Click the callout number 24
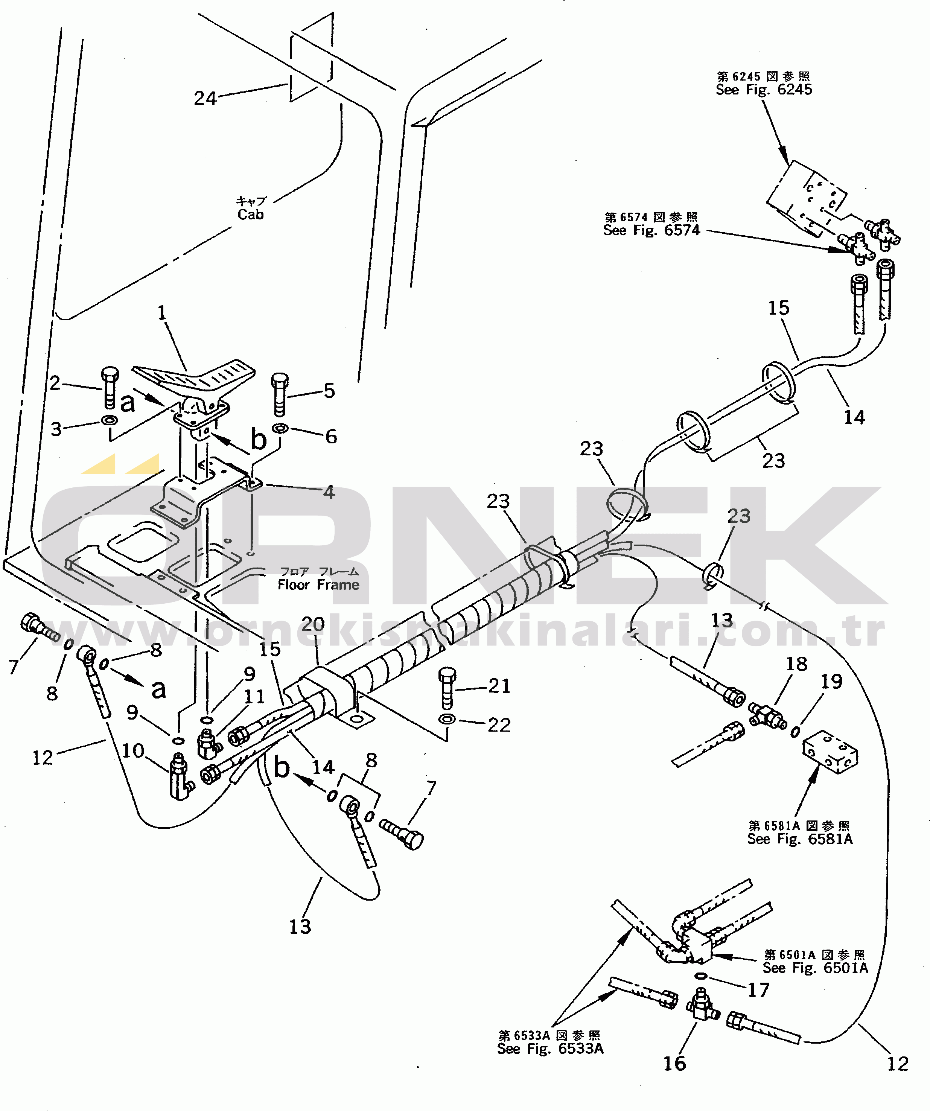(x=205, y=98)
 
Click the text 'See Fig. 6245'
(x=763, y=90)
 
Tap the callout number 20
(x=313, y=624)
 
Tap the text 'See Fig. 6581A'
(x=799, y=839)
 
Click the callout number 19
(x=831, y=682)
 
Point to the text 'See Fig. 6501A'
(x=815, y=968)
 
